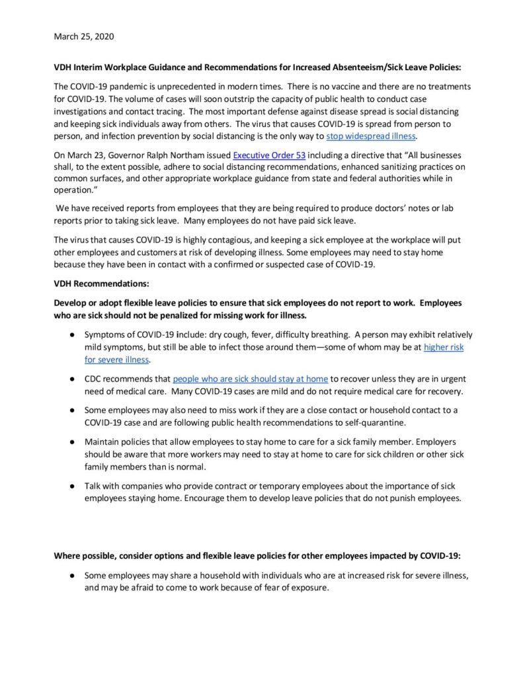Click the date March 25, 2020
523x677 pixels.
pos(83,36)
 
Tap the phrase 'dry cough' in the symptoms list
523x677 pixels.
pos(223,335)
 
